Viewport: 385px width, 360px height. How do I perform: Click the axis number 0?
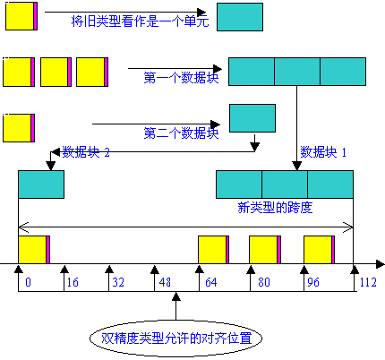(28, 282)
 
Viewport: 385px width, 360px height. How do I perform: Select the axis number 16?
(73, 282)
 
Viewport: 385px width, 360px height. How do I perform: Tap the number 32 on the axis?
(118, 282)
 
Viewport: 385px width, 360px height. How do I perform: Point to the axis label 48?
(165, 282)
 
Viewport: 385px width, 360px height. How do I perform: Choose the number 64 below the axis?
(211, 282)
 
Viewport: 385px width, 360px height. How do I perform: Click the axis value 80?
(264, 282)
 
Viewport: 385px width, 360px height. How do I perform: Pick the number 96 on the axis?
(313, 282)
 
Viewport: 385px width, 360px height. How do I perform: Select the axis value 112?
(368, 282)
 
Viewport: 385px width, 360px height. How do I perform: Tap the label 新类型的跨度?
(275, 208)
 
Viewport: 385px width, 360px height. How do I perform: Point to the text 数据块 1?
(323, 152)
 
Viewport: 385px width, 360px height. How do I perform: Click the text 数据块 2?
(86, 152)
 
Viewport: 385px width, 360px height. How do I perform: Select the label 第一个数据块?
(181, 78)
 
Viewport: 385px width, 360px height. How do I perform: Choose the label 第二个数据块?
(181, 133)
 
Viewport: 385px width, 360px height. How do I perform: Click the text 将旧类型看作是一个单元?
(140, 21)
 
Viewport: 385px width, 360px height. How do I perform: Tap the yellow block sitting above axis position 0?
(34, 250)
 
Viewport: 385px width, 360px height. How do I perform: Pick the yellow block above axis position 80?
(265, 250)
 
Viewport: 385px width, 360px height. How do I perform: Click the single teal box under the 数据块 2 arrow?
(41, 184)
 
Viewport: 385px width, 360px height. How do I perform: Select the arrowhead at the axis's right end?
(381, 264)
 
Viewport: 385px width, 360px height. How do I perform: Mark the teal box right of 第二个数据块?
(252, 118)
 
